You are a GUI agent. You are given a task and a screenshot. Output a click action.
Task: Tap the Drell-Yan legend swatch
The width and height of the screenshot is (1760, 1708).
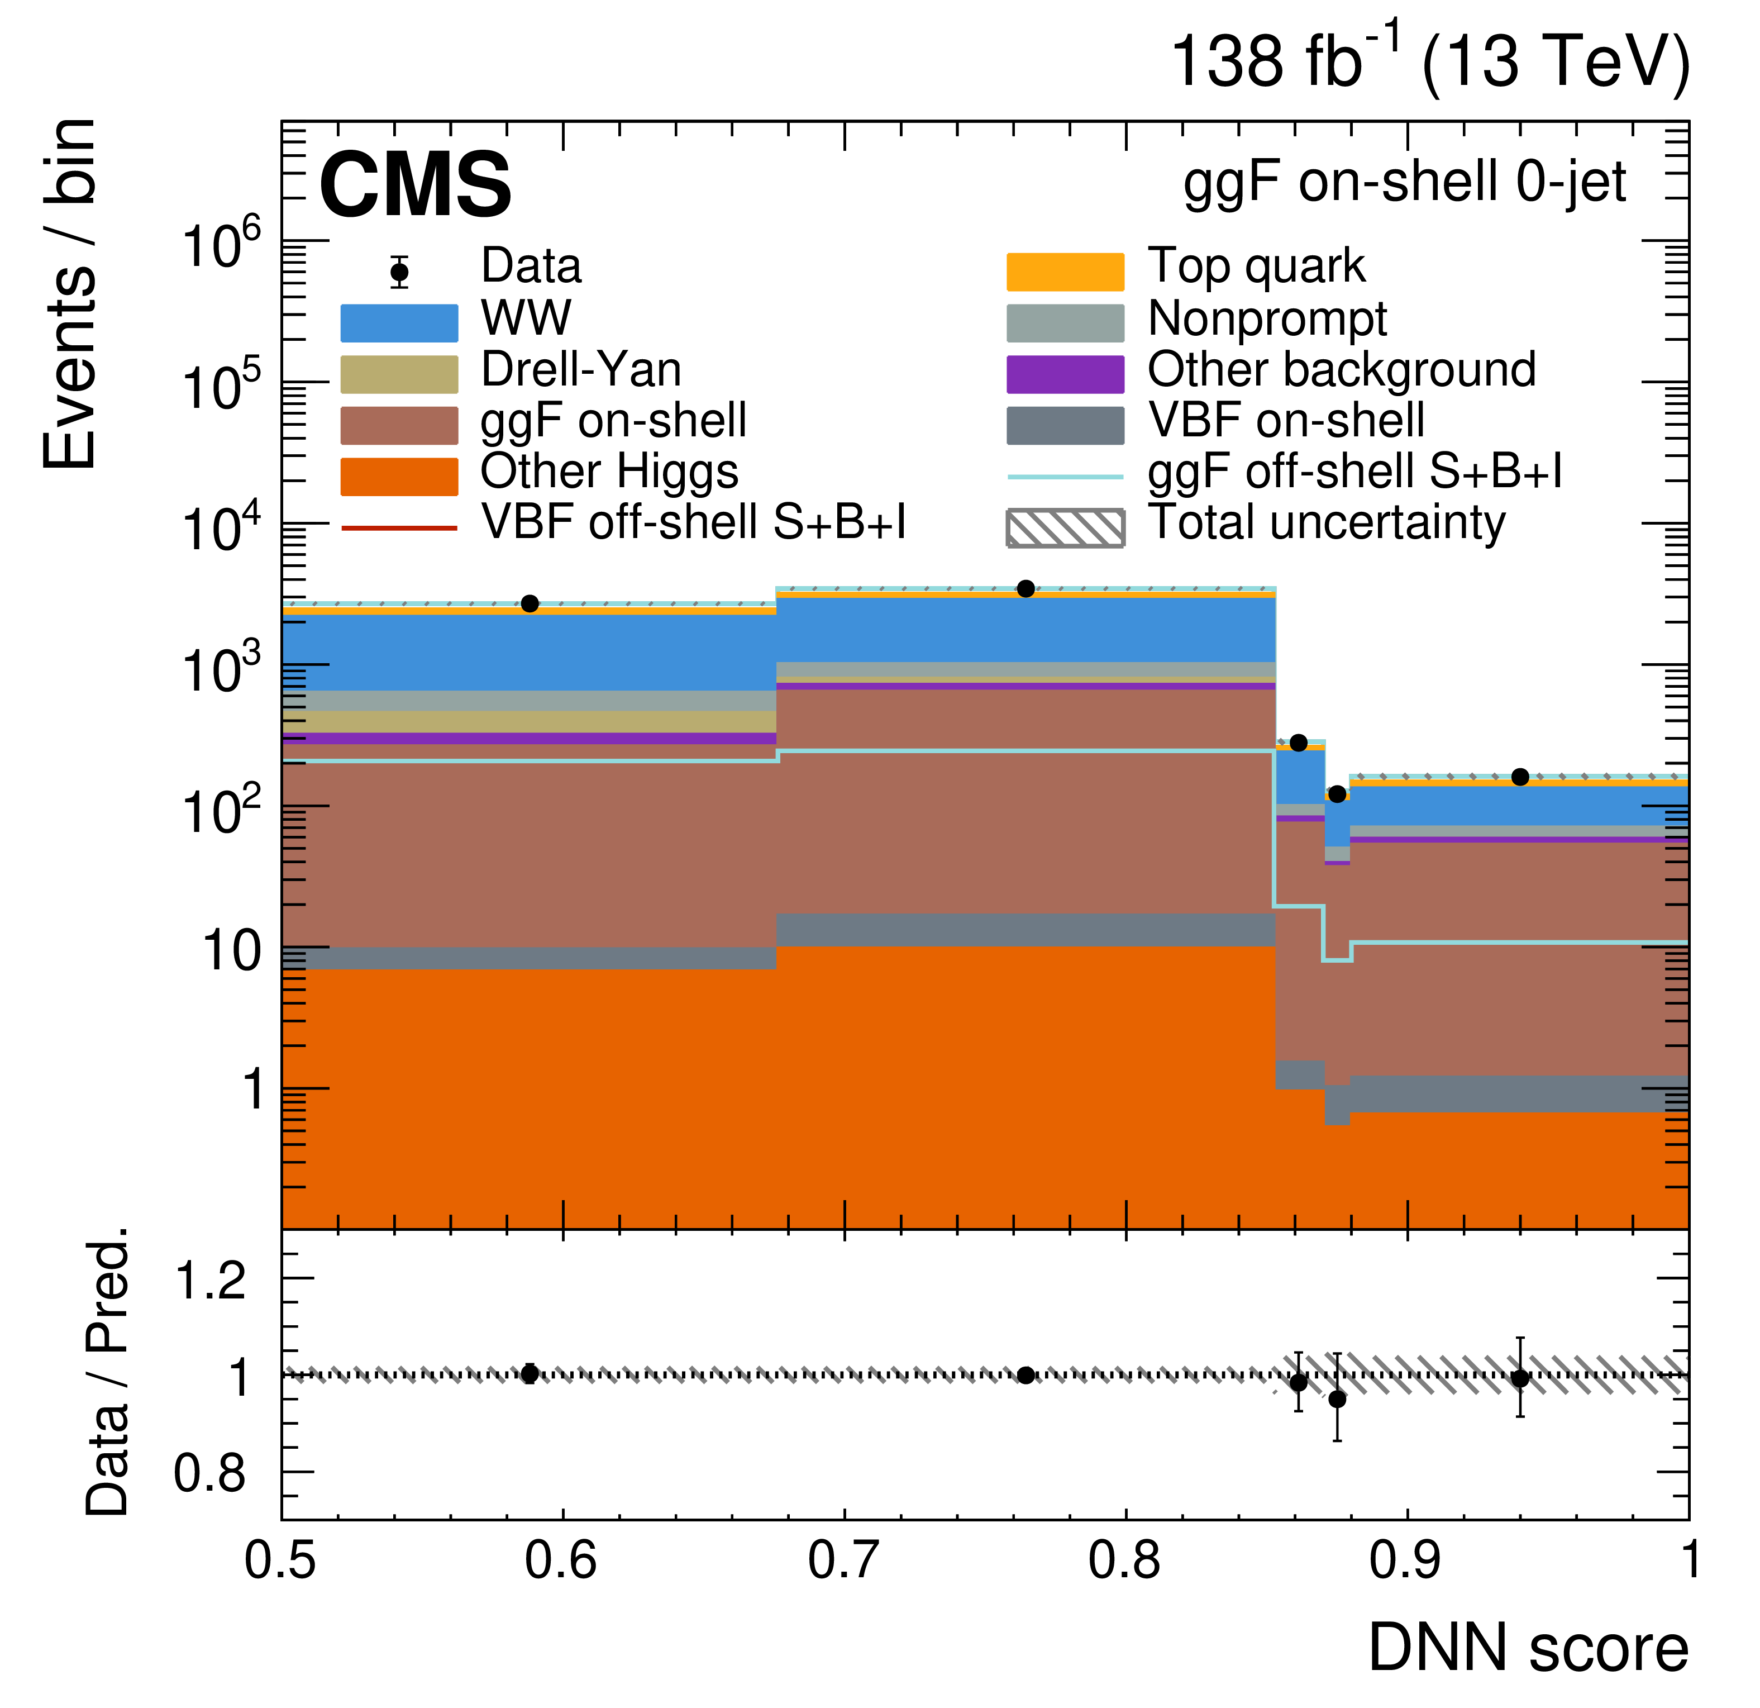pyautogui.click(x=399, y=374)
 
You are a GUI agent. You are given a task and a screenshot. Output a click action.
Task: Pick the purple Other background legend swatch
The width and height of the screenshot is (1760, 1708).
pyautogui.click(x=1065, y=374)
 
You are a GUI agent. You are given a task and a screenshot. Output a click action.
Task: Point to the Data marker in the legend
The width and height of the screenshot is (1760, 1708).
pyautogui.click(x=399, y=271)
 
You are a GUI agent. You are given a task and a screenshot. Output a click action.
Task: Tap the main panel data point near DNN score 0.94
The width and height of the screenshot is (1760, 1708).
pyautogui.click(x=1520, y=777)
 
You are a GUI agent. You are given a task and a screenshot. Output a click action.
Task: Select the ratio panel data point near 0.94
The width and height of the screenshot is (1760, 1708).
pyautogui.click(x=1520, y=1378)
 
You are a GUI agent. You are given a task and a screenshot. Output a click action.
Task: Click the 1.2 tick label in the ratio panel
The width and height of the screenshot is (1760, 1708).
pyautogui.click(x=210, y=1279)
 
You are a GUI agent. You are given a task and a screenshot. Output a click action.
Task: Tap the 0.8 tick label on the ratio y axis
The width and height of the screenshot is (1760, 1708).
pyautogui.click(x=210, y=1474)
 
